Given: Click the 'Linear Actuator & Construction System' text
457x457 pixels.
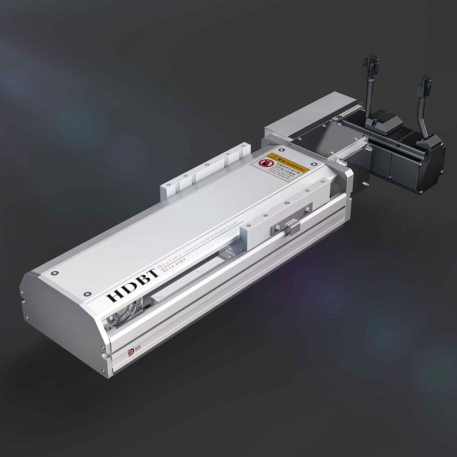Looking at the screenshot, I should (x=211, y=249).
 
